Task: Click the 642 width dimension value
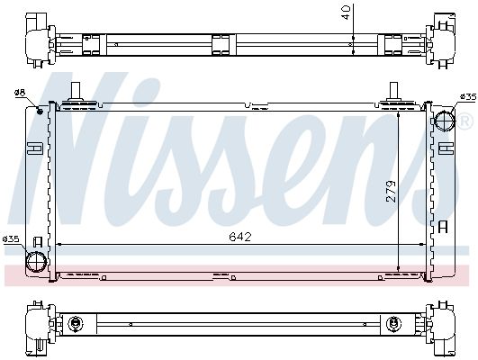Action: (240, 237)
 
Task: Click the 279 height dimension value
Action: (391, 191)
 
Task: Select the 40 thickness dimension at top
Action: (347, 13)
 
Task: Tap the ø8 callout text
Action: (20, 93)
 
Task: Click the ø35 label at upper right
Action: (468, 96)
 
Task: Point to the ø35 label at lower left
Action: (11, 238)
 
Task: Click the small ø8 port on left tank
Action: (40, 111)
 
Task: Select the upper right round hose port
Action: (445, 120)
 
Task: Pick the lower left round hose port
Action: (37, 262)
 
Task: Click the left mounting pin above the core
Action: (76, 92)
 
